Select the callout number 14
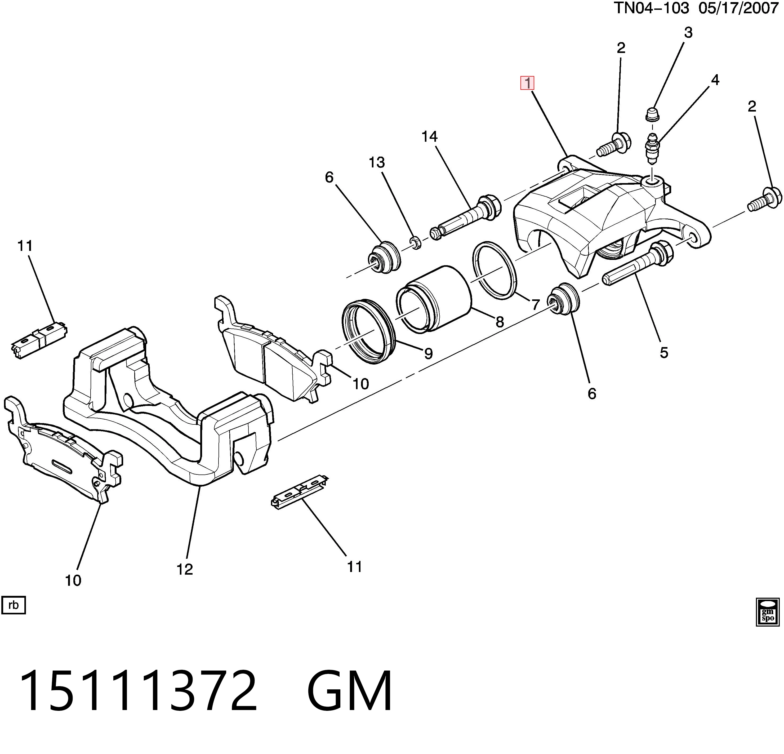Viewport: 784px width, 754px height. tap(430, 137)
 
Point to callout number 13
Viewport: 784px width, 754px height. tap(377, 162)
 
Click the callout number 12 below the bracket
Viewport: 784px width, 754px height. tap(185, 569)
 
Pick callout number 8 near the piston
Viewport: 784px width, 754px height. tap(500, 322)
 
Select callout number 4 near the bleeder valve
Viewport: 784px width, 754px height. tap(715, 80)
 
